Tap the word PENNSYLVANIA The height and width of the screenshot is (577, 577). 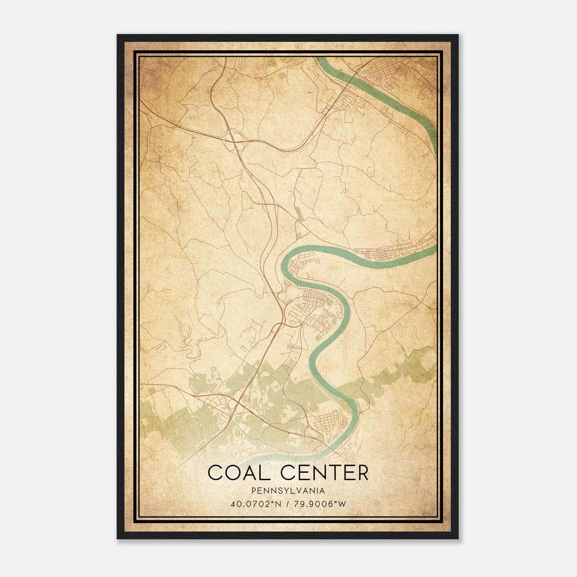[288, 491]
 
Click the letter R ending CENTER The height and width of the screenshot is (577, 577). [362, 473]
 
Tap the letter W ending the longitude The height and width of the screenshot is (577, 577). [342, 504]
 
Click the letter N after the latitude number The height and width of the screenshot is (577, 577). [278, 504]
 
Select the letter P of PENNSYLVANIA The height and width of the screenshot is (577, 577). [254, 491]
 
